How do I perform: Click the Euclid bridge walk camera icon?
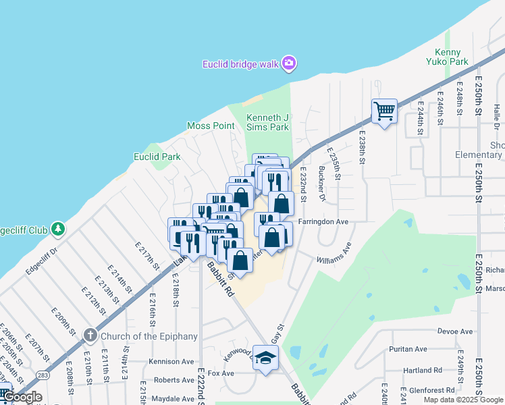point(290,63)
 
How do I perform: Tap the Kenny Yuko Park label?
point(448,57)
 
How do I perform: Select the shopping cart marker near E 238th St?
point(384,111)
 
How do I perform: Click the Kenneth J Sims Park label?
point(267,122)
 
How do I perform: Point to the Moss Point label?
point(211,126)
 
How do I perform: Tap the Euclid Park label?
point(157,157)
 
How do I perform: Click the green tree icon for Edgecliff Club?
point(59,230)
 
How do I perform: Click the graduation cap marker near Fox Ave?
point(266,358)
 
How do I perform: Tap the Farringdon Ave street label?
point(324,221)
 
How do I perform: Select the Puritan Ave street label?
point(408,349)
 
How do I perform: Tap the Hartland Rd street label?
point(425,370)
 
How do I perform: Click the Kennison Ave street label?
point(171,361)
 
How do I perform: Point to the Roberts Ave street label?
point(174,380)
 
